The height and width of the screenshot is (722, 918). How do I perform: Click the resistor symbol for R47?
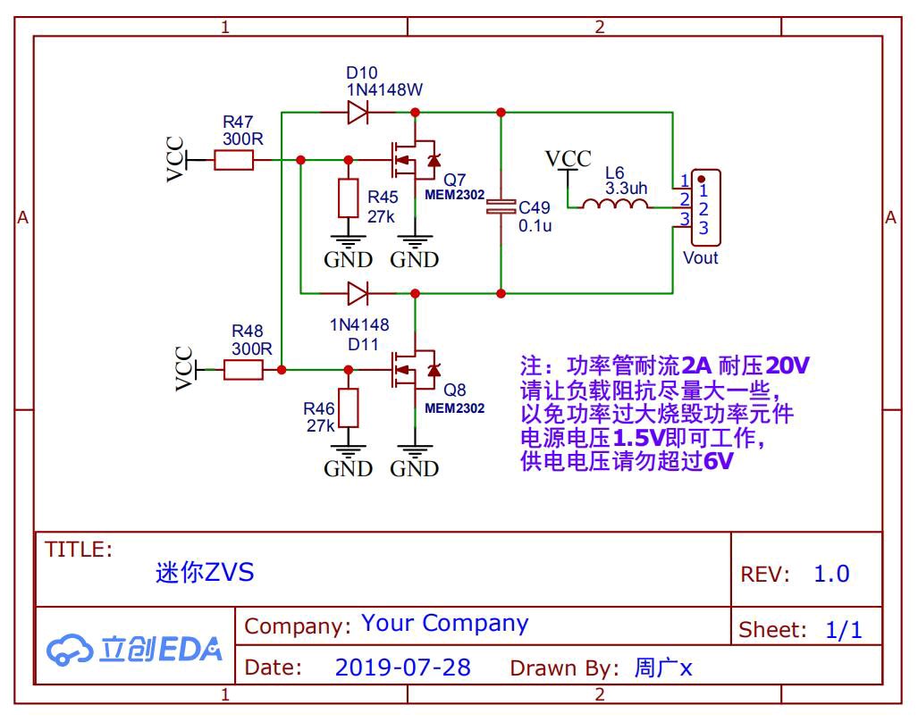(233, 160)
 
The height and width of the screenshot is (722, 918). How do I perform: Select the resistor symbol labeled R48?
(243, 370)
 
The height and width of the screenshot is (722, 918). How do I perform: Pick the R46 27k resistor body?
(349, 407)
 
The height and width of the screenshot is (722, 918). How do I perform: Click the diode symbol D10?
(358, 112)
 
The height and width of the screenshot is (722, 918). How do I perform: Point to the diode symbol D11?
(358, 293)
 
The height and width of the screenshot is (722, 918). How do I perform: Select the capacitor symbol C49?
(501, 206)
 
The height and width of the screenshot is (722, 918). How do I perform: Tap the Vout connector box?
(705, 207)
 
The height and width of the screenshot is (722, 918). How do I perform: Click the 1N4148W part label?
(384, 89)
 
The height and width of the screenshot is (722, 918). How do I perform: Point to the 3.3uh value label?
(626, 189)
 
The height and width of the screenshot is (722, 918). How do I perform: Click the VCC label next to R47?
(175, 159)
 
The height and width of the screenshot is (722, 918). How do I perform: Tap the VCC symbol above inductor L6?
(568, 158)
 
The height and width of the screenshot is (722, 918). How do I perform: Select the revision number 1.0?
(831, 574)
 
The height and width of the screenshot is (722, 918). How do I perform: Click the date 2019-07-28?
(403, 667)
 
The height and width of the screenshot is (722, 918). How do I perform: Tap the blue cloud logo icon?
(69, 650)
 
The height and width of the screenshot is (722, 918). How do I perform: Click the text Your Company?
(445, 624)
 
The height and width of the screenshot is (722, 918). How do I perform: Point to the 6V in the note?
(718, 461)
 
